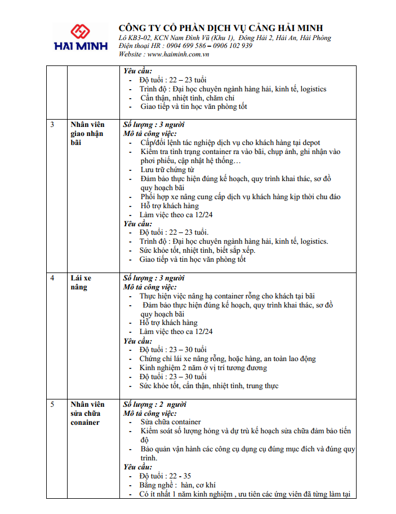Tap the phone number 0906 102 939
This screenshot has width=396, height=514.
pos(230,46)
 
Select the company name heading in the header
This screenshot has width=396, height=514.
pos(221,28)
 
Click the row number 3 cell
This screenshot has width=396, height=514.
pos(52,124)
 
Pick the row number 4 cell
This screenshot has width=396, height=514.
pos(52,278)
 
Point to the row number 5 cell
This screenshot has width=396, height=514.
pos(52,405)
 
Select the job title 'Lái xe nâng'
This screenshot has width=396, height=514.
pos(81,283)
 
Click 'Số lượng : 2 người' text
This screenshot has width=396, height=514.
pos(155,405)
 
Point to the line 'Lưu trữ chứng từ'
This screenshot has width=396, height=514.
pos(167,170)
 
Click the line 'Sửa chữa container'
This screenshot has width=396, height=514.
pos(170,422)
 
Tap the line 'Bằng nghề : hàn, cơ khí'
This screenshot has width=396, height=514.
pos(177,485)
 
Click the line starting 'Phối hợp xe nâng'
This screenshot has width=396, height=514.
pos(241,197)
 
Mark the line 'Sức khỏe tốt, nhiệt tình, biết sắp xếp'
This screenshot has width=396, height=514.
pos(197,251)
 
